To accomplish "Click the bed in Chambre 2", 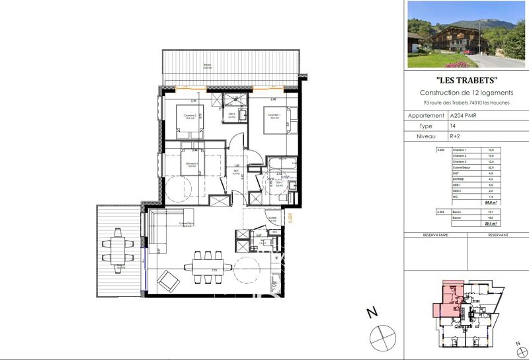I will pyautogui.click(x=188, y=119).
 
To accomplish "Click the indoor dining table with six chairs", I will pyautogui.click(x=209, y=267).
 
